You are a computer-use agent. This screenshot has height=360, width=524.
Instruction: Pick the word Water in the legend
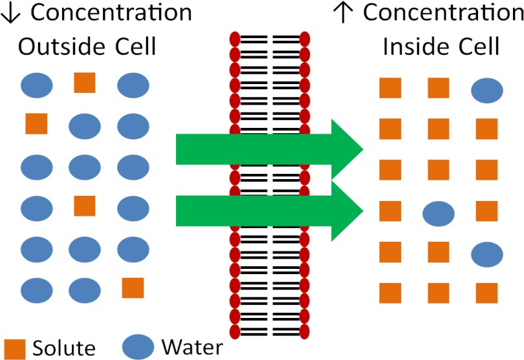191,347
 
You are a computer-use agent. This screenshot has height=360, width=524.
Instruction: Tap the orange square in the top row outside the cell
85,82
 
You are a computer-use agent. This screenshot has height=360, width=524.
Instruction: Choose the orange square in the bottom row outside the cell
133,288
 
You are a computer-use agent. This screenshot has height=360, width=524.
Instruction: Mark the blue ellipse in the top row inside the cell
487,91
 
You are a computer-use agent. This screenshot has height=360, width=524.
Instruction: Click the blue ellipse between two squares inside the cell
439,212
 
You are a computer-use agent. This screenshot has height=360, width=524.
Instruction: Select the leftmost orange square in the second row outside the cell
36,123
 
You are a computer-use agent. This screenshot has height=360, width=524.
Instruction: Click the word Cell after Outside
129,46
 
